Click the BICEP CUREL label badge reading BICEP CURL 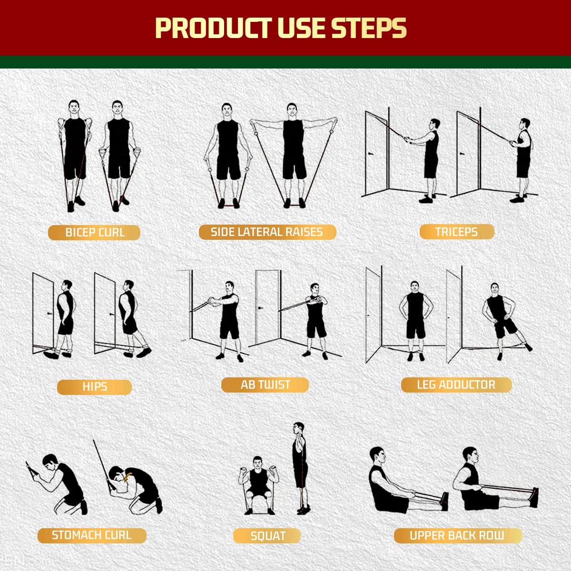94,233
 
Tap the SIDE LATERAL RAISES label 267,232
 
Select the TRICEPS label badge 456,232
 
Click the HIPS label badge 94,387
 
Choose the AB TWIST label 265,385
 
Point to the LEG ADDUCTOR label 456,385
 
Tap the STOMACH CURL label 91,535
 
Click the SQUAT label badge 267,536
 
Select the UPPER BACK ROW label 457,536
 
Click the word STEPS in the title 369,28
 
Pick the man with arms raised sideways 293,152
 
